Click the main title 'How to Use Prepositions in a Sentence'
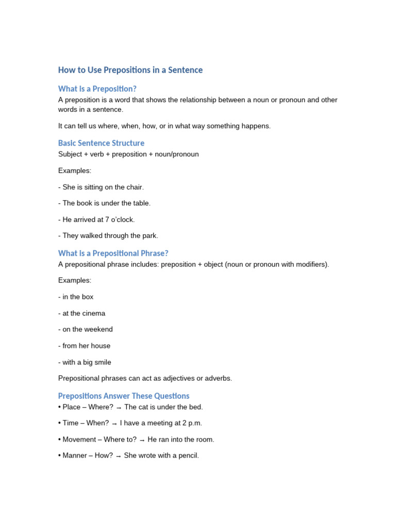[x=130, y=70]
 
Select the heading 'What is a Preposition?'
[x=97, y=89]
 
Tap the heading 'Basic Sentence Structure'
[x=101, y=143]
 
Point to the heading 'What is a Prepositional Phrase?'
[x=113, y=253]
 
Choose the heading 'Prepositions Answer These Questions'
[x=123, y=396]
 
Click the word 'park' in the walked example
[x=149, y=236]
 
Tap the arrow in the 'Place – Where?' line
[x=119, y=407]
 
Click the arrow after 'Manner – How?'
[x=118, y=456]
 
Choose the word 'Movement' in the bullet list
[x=79, y=440]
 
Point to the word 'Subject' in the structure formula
[x=70, y=154]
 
